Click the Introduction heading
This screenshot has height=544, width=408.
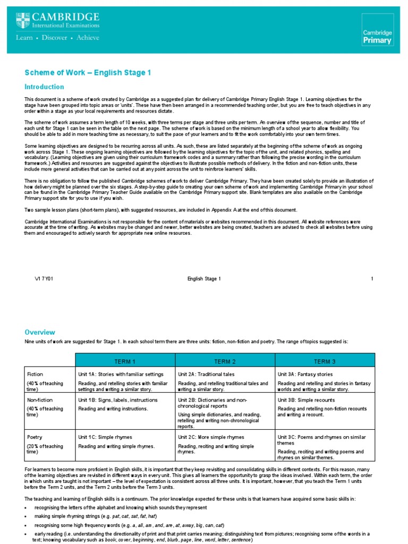[44, 87]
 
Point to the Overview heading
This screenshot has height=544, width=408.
[40, 331]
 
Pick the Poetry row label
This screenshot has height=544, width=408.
[35, 437]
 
